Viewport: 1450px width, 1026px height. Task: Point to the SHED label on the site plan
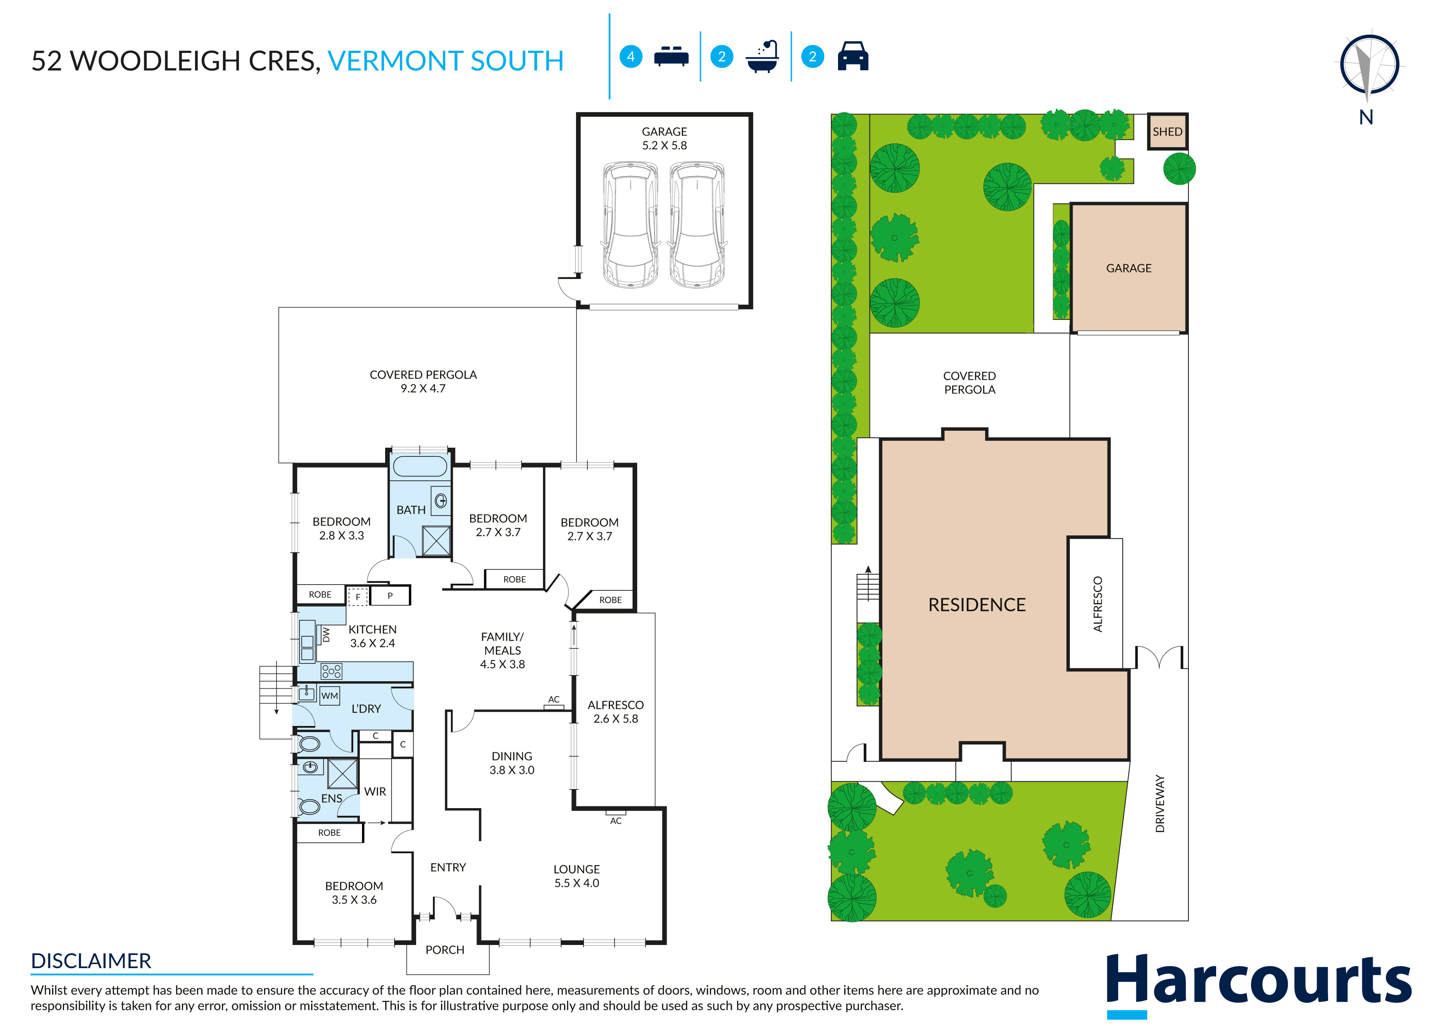(1167, 131)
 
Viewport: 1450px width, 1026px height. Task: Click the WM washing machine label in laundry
(330, 696)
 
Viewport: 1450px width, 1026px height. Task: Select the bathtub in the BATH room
(420, 467)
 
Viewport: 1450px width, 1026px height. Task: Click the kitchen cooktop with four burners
(331, 671)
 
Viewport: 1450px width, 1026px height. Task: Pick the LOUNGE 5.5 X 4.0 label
(576, 876)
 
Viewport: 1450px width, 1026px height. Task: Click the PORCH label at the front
(445, 950)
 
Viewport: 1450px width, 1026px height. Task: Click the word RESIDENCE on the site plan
(976, 605)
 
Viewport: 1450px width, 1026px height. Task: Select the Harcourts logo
(1259, 983)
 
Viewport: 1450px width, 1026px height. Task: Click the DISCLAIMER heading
(91, 961)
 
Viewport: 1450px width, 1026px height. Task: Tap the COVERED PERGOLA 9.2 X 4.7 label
(423, 382)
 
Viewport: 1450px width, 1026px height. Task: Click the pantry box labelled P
(390, 595)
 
